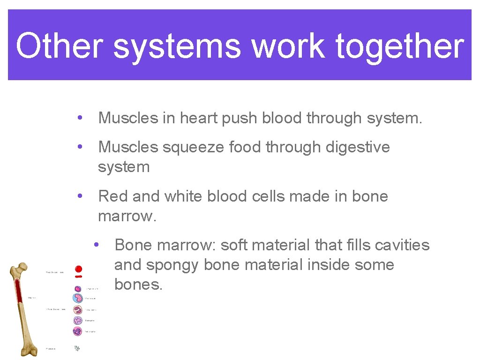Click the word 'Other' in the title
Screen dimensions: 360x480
(x=59, y=46)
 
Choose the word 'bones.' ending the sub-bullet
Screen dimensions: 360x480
(x=138, y=285)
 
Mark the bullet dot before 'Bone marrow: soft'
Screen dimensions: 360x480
(x=96, y=245)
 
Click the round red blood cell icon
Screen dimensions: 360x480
(x=79, y=269)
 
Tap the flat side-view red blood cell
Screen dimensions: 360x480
(x=79, y=277)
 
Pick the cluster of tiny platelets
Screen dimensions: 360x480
(x=77, y=348)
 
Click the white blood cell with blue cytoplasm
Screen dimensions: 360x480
(x=77, y=298)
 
